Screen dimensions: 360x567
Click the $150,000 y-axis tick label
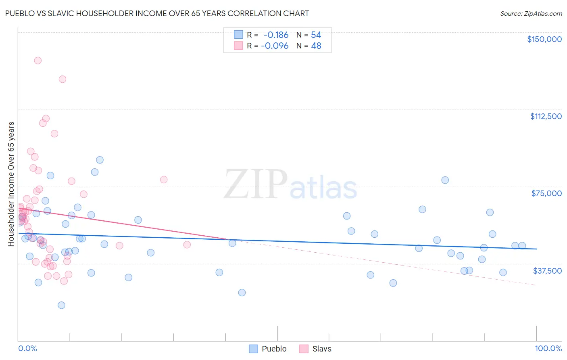coord(544,39)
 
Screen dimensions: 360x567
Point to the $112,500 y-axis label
coord(546,116)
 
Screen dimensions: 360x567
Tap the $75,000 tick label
coord(546,193)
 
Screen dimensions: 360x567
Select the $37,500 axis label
coord(547,271)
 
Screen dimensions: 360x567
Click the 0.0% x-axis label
coord(27,348)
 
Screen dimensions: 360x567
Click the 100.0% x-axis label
coord(548,348)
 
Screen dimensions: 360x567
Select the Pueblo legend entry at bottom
coord(268,349)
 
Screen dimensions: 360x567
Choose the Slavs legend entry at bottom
coord(315,349)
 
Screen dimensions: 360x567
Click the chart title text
coord(157,13)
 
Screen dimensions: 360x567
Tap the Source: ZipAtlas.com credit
coord(531,13)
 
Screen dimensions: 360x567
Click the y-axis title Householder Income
coord(11,184)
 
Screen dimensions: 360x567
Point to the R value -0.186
coord(276,35)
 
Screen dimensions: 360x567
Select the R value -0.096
coord(275,46)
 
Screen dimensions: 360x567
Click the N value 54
coord(316,35)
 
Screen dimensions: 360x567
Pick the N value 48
coord(316,46)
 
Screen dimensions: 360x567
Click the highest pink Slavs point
coord(38,61)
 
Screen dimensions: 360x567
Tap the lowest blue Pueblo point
coord(61,305)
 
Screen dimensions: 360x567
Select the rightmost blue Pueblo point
coord(522,245)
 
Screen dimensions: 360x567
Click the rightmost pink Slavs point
coord(187,245)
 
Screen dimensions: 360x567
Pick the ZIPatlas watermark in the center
coord(290,185)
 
